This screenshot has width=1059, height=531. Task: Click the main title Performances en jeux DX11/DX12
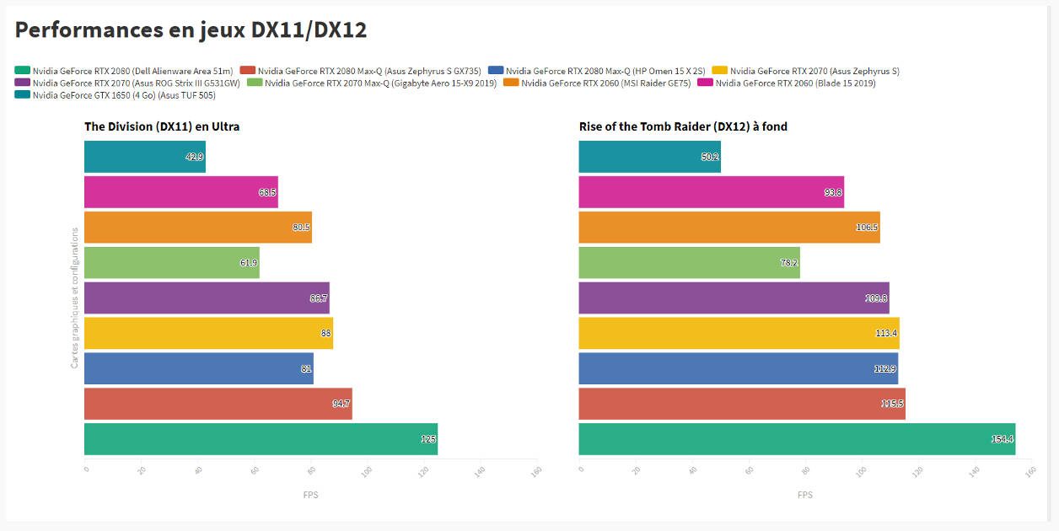click(191, 30)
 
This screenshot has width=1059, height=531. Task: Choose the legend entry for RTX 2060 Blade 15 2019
click(788, 83)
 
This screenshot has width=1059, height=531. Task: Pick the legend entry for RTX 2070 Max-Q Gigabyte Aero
click(371, 83)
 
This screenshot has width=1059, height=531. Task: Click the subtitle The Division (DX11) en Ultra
click(162, 126)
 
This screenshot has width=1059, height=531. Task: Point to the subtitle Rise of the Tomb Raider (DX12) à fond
click(683, 126)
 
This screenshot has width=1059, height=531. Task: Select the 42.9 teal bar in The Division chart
click(144, 157)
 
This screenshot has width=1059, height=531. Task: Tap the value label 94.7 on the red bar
click(341, 404)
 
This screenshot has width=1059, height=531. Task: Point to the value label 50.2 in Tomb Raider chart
click(709, 157)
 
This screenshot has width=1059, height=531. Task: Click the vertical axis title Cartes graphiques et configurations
click(74, 298)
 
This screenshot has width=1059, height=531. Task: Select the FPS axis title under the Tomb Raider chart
click(804, 495)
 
